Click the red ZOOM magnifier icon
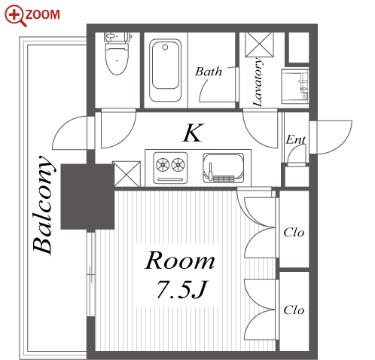[16, 16]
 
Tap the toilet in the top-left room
[117, 53]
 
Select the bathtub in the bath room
[165, 70]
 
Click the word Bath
[209, 72]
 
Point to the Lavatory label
[258, 82]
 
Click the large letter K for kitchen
[193, 133]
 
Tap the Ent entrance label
[296, 139]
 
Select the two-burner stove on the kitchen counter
[170, 167]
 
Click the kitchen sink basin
[223, 168]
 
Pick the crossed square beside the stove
[127, 174]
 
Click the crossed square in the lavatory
[259, 44]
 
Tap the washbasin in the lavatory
[295, 86]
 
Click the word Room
[180, 261]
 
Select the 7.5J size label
[182, 289]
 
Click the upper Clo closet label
[294, 233]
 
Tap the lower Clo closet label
[294, 310]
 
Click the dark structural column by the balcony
[87, 197]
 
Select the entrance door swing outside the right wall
[331, 137]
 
